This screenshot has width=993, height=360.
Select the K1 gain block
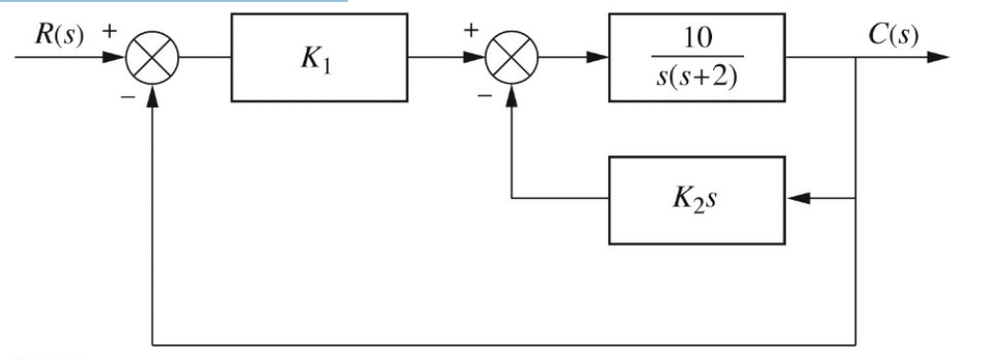[x=311, y=58]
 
